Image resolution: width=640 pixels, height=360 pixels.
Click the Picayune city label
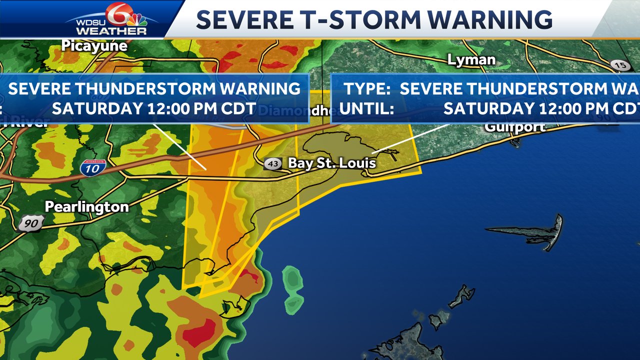click(x=94, y=46)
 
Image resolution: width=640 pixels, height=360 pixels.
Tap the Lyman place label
click(x=471, y=60)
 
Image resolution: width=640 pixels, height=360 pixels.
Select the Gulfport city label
click(x=514, y=127)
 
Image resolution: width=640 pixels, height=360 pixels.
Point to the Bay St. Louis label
click(x=331, y=163)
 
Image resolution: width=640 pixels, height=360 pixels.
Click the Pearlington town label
click(x=86, y=207)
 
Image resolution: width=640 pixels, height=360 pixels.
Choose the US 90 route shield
click(x=31, y=223)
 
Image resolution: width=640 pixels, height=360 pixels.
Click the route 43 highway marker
click(x=273, y=164)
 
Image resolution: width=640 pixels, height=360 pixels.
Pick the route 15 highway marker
click(x=620, y=64)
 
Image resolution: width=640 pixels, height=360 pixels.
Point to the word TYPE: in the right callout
click(x=367, y=89)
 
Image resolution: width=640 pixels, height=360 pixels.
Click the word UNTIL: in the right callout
click(x=366, y=108)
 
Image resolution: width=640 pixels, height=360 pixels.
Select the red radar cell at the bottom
click(x=198, y=336)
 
